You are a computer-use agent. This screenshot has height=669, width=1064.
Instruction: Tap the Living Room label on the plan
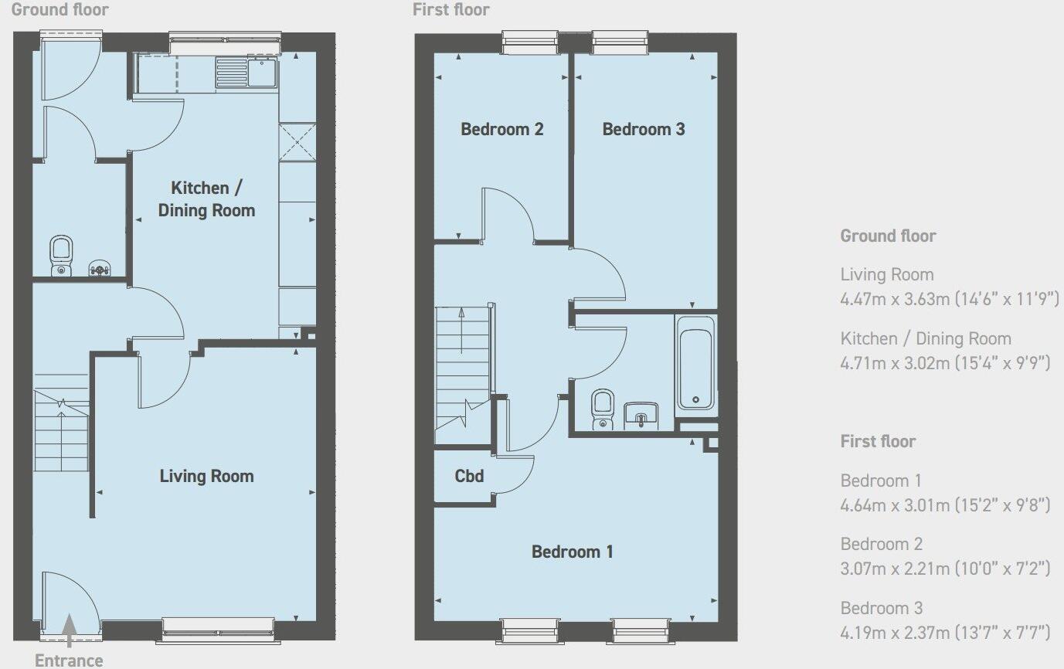[206, 476]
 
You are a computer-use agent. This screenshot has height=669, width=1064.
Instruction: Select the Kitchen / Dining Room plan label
[206, 199]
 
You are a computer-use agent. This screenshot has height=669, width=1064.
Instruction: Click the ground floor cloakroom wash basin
[100, 268]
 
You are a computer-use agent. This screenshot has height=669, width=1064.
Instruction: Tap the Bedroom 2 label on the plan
[501, 129]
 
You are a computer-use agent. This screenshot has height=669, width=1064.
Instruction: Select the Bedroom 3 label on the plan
[643, 129]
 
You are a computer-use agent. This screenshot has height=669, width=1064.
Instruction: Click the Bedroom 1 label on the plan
[572, 552]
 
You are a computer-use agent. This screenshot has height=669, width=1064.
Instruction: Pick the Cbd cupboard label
[469, 476]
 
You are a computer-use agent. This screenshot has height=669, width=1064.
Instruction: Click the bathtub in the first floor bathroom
[695, 362]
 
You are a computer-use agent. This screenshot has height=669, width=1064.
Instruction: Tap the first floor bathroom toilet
[602, 407]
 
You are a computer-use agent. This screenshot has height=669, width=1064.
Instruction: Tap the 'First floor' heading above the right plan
[451, 9]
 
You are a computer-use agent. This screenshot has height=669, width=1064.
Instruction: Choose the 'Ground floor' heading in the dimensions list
[888, 236]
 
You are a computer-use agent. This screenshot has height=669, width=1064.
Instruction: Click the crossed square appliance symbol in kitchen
[297, 141]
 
